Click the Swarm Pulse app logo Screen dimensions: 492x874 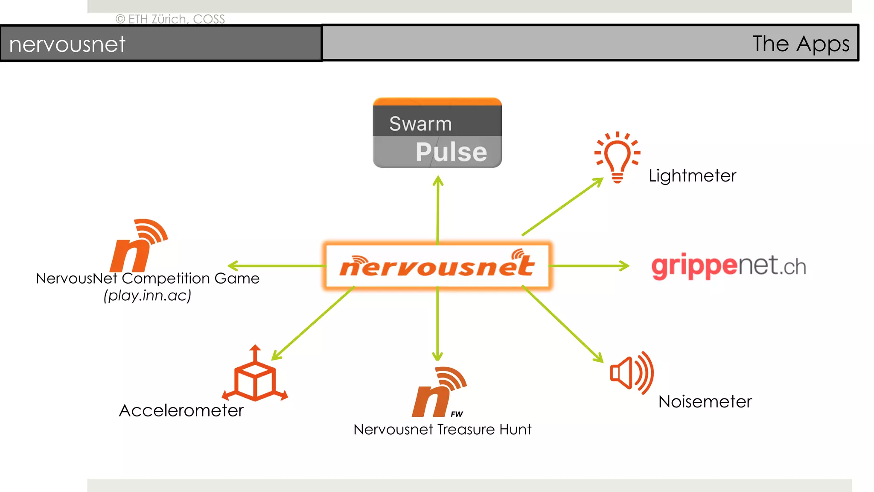[x=437, y=133]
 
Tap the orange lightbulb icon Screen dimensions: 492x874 [x=617, y=158]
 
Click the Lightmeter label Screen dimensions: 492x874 [x=692, y=176]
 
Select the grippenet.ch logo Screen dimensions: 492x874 [x=728, y=266]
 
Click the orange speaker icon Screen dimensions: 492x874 [x=631, y=373]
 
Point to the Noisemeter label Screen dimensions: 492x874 [x=705, y=401]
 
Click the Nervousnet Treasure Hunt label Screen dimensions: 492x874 [x=442, y=429]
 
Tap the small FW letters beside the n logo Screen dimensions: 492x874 [x=456, y=414]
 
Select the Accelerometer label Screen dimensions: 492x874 [x=181, y=410]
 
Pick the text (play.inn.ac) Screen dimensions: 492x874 [x=147, y=296]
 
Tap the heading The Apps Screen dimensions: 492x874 [x=801, y=44]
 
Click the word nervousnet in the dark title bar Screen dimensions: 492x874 [x=67, y=44]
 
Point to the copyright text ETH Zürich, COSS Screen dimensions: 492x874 [x=170, y=19]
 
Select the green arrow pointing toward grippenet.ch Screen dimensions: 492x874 [x=589, y=266]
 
